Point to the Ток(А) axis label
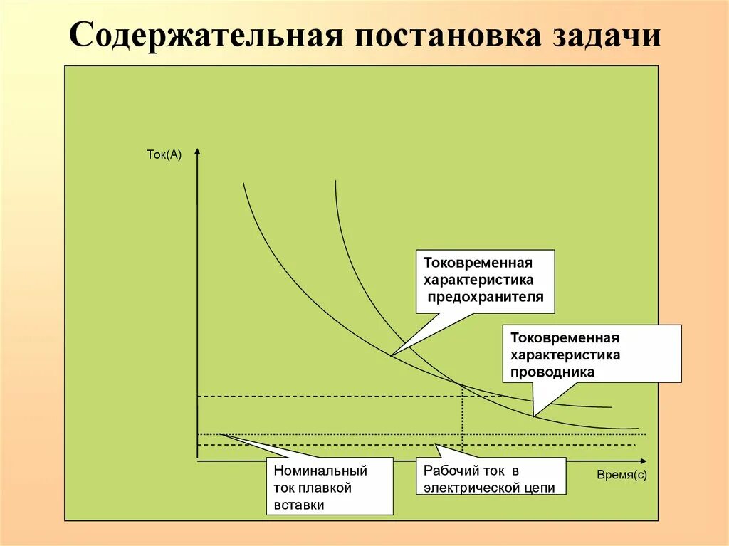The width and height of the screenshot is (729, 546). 164,154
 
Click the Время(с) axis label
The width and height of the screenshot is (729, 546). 622,475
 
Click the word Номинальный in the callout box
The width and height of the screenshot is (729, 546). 320,471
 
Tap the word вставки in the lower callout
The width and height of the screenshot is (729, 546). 299,505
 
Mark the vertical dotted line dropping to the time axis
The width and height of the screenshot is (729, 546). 463,420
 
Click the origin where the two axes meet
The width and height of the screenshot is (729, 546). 197,461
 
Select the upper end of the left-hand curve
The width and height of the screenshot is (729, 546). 243,184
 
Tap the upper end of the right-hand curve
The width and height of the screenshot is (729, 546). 335,182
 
